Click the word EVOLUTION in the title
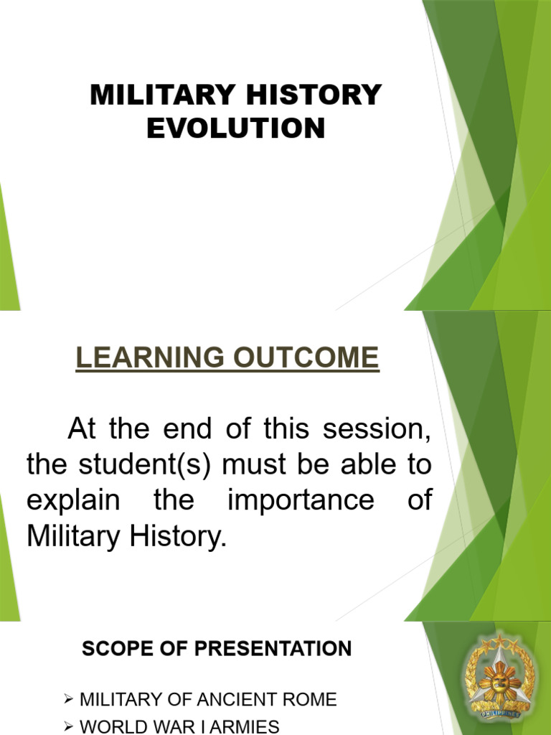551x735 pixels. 235,128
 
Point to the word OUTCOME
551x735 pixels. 310,357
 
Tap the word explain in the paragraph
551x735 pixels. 72,500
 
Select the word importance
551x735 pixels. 301,500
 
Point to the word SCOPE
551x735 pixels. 115,650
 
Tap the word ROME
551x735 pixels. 313,699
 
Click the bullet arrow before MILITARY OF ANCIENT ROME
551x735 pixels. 69,698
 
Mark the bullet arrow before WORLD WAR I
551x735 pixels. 69,726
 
